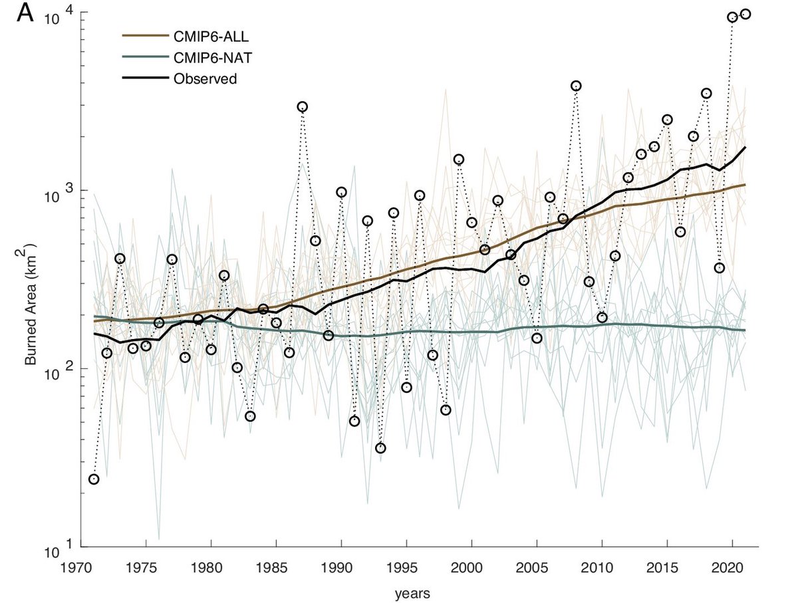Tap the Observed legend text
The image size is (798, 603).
205,78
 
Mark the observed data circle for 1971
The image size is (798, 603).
94,479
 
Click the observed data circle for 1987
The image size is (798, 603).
303,106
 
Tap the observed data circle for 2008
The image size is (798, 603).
576,86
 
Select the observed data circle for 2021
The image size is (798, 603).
745,14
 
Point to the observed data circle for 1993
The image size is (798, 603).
380,448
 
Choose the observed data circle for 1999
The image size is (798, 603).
459,159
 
